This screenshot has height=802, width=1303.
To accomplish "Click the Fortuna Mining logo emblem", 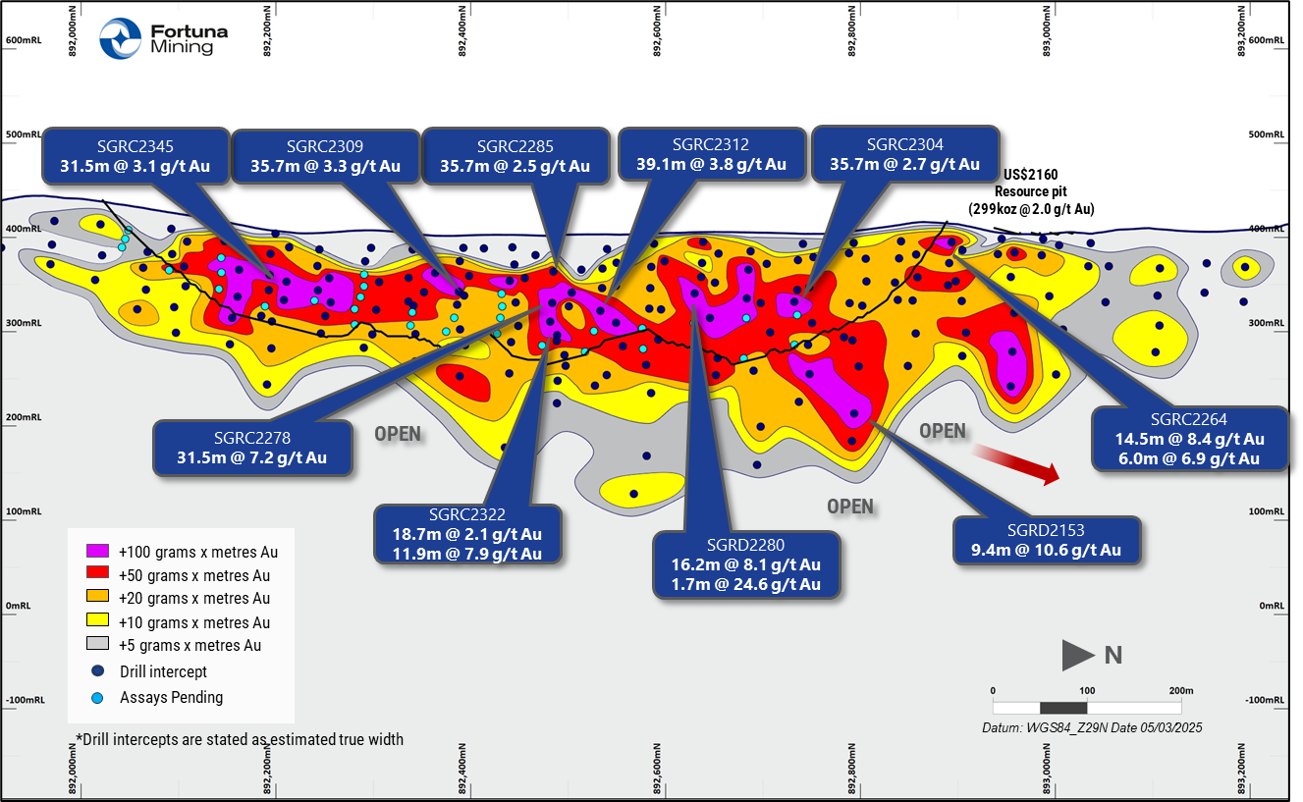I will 120,39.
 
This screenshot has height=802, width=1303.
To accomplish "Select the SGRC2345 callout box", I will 136,155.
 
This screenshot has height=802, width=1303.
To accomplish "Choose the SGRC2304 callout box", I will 904,154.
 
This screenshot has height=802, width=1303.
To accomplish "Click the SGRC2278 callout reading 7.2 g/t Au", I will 252,448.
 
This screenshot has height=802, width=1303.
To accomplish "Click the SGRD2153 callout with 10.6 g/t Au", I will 1048,540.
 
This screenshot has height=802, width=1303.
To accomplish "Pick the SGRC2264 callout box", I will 1189,439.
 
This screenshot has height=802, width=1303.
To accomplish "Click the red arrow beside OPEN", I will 1016,463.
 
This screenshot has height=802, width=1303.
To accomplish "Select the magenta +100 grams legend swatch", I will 97,552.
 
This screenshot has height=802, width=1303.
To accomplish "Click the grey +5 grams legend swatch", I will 97,645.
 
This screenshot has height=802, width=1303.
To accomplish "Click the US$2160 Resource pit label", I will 1044,191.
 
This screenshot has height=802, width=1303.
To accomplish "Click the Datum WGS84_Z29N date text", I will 1092,728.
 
